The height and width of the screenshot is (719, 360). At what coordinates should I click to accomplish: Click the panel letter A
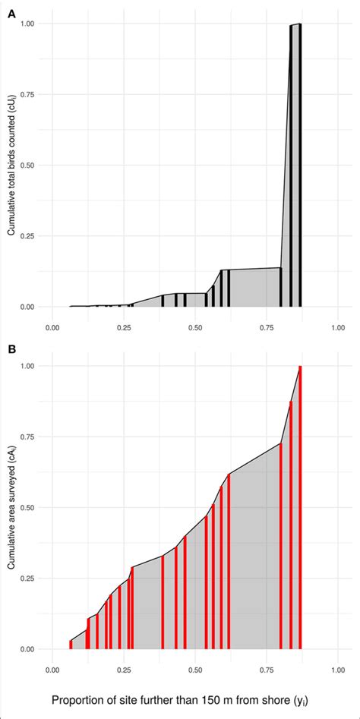point(11,12)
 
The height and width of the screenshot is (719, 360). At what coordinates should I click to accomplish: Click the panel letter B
point(11,351)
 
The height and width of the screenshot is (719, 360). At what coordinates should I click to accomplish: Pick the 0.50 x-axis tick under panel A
point(195,327)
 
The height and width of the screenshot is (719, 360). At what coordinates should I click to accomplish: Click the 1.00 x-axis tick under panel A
point(338,327)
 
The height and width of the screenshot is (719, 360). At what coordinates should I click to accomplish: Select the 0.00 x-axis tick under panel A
point(52,327)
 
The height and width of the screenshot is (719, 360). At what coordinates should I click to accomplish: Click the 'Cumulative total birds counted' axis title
point(12,166)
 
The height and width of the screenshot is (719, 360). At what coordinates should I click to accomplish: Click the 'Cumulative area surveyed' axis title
point(12,507)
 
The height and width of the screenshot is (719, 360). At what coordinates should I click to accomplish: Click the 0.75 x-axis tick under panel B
point(267,670)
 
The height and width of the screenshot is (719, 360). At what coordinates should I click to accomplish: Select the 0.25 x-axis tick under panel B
point(124,670)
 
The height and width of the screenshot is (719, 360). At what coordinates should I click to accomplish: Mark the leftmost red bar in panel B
point(70,644)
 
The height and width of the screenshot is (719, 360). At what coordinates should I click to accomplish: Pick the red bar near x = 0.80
point(281,547)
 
